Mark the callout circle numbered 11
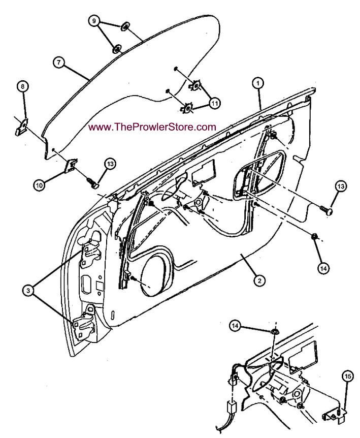pos(215,103)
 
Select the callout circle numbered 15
pos(347,377)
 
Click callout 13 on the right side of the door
pos(340,186)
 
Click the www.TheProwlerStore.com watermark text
pos(152,127)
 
